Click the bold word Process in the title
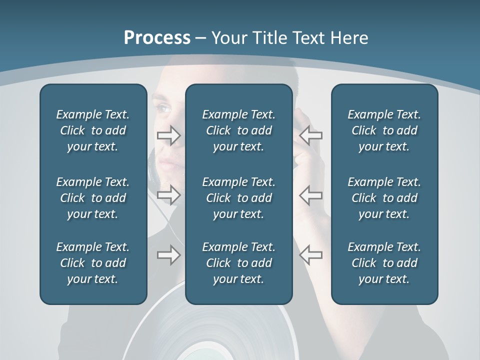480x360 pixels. click(157, 38)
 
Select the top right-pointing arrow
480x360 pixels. click(169, 135)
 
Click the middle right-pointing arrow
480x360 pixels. click(169, 195)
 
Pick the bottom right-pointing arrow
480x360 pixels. click(169, 255)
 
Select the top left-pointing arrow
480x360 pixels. click(311, 135)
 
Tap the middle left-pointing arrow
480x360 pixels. click(311, 195)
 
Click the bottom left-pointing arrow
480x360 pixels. click(311, 254)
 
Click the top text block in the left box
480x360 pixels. click(93, 130)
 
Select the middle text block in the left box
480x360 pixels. click(93, 198)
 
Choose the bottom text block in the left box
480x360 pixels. click(93, 263)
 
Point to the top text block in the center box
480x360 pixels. click(239, 130)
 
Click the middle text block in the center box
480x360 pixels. click(239, 198)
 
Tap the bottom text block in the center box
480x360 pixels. click(239, 263)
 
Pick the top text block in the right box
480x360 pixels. click(384, 130)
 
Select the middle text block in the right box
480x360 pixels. click(384, 198)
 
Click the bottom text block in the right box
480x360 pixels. click(384, 263)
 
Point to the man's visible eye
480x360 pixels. click(164, 107)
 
